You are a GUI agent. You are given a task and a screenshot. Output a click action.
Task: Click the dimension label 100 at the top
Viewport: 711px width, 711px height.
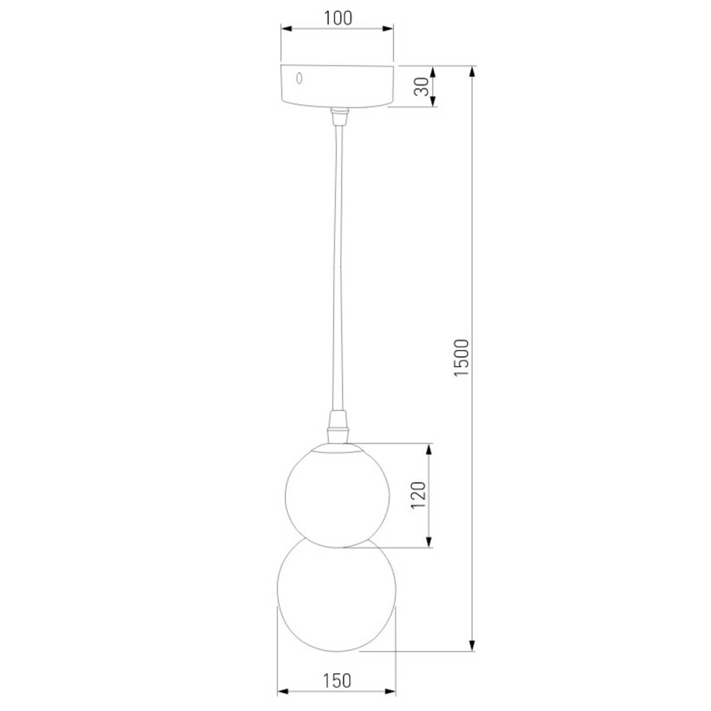tap(338, 18)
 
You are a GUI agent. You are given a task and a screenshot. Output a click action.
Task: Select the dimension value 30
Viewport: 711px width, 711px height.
tap(421, 87)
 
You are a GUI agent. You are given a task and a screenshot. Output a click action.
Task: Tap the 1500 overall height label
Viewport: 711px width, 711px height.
tap(462, 358)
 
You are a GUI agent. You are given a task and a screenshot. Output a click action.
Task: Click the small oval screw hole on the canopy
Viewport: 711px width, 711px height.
tap(300, 78)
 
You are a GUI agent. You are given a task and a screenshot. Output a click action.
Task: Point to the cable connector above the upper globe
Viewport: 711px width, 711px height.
tap(337, 428)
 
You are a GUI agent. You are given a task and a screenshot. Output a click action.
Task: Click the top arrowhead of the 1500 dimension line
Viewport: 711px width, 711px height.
tap(472, 71)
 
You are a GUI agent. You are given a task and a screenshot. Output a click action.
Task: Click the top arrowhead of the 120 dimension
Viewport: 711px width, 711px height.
tap(430, 448)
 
